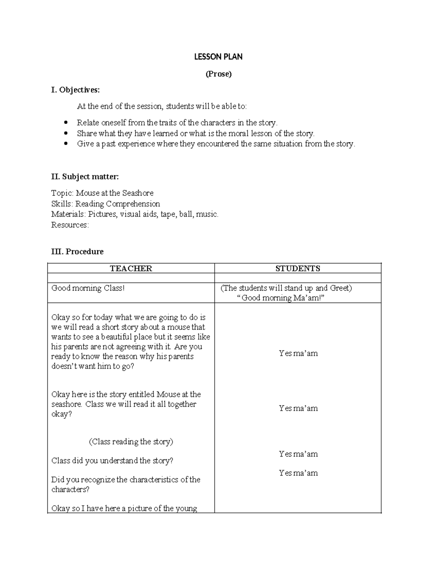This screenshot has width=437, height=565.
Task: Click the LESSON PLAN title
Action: tap(218, 57)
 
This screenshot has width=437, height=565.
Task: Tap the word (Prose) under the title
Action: tap(218, 74)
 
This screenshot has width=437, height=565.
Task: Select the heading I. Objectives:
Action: tap(75, 90)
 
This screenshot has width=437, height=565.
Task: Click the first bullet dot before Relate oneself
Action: tap(66, 123)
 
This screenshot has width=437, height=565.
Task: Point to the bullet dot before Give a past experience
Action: tap(66, 144)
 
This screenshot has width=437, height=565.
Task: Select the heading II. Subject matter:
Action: tap(85, 177)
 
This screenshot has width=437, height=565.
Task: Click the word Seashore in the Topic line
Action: tap(138, 193)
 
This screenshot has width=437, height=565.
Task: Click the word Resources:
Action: tap(70, 225)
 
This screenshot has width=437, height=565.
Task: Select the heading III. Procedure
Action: tap(77, 252)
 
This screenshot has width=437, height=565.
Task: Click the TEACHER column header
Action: tap(131, 268)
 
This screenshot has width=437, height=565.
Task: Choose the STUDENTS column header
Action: tap(298, 268)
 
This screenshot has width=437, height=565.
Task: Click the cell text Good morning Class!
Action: tap(88, 288)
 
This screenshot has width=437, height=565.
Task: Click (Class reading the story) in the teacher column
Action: tap(131, 442)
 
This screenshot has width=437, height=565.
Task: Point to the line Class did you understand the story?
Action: tap(112, 461)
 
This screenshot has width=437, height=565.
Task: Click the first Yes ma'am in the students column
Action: tap(298, 353)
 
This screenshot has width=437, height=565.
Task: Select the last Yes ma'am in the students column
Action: tap(298, 473)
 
